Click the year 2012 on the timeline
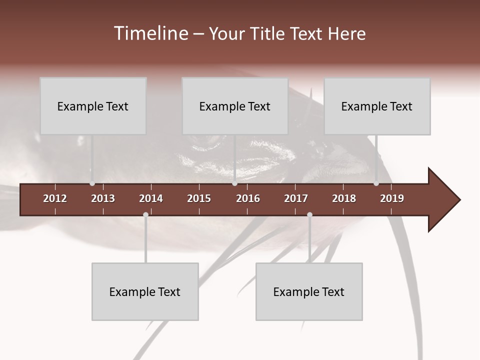pos(55,198)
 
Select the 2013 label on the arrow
pos(103,198)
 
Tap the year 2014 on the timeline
pos(151,198)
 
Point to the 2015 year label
pos(199,198)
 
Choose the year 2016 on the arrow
pos(248,198)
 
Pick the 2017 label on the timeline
pos(296,198)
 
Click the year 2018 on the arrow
pos(344,198)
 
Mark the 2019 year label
pos(392,198)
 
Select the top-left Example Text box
pos(93,106)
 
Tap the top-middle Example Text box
pos(235,106)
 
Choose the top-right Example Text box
pos(377,106)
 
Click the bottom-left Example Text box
pos(145,291)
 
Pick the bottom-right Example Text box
pos(309,291)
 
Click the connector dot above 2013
pos(92,183)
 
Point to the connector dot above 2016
pos(235,183)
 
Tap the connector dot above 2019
pos(376,183)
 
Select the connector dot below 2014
pos(145,215)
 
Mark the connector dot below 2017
pos(309,215)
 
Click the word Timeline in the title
pos(149,33)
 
